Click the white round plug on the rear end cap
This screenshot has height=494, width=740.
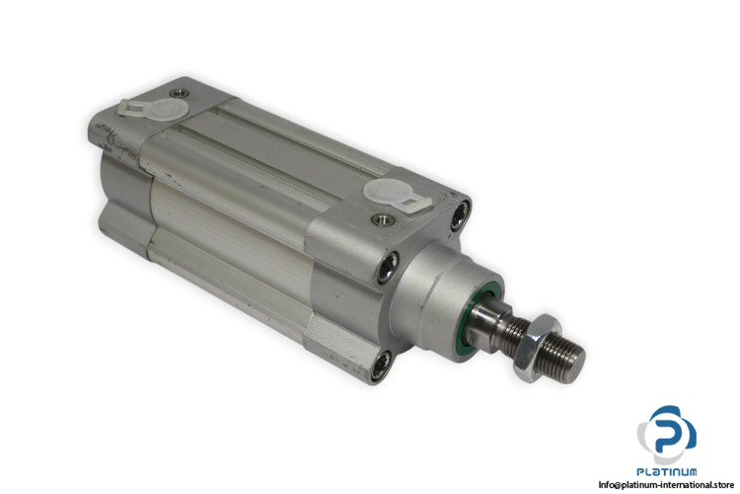168,111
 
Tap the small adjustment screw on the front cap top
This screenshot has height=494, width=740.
378,218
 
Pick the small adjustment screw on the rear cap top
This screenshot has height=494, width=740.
179,93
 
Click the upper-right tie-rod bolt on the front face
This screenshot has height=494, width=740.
460,214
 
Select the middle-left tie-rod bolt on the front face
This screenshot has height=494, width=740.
389,267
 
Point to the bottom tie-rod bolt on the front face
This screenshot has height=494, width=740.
381,367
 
